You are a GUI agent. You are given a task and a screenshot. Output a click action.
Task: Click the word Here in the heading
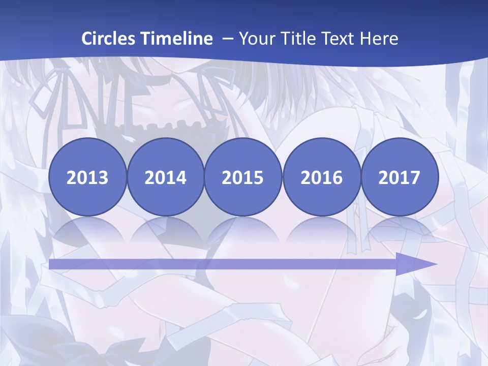coord(378,39)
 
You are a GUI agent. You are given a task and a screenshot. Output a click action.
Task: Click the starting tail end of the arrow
coord(52,264)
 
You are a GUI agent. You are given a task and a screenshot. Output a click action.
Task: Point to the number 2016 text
coord(321,178)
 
